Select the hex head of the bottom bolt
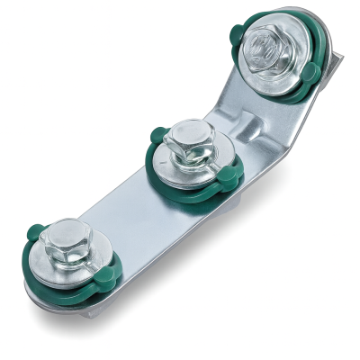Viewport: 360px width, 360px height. tap(60, 245)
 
